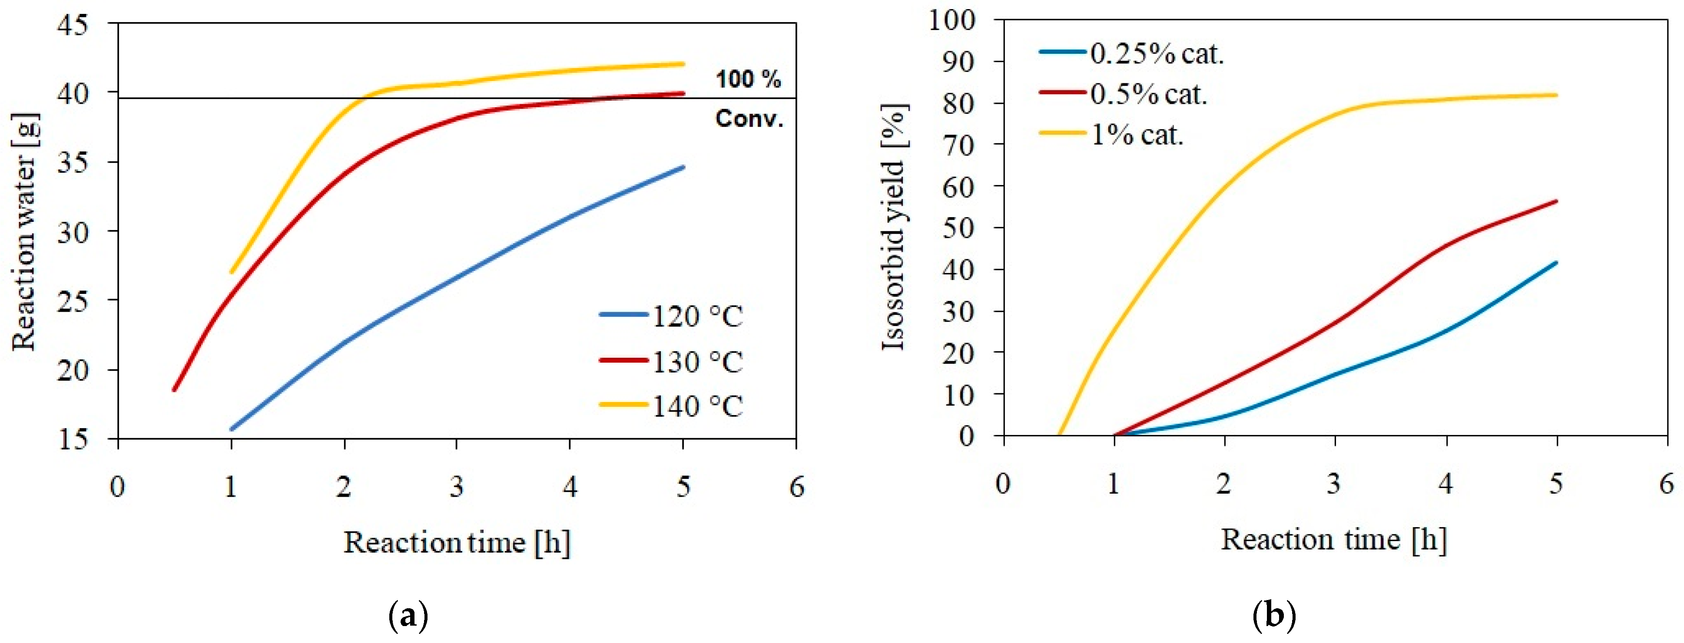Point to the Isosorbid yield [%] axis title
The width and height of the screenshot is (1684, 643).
893,228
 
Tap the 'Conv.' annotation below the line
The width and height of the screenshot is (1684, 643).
749,119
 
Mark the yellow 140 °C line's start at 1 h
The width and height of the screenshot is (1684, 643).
232,273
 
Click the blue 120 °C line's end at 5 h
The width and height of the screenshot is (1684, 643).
683,167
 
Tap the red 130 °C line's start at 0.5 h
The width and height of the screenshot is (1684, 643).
174,390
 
